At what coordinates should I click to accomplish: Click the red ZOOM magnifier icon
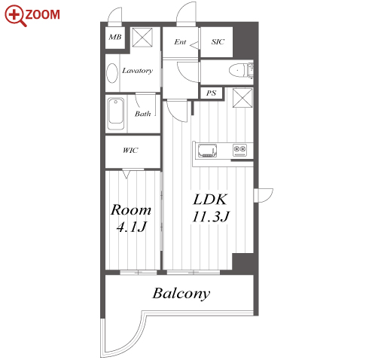[15, 16]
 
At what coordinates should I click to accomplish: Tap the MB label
[115, 37]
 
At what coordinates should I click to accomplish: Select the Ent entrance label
[180, 41]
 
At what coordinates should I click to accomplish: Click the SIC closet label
[218, 41]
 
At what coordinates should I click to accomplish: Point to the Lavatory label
[137, 71]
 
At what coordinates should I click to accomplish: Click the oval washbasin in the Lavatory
[112, 73]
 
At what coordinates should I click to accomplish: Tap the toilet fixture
[241, 69]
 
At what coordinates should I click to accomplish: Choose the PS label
[211, 93]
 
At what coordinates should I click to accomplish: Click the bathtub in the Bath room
[116, 114]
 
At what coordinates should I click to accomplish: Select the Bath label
[143, 114]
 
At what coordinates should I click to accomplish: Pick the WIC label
[130, 151]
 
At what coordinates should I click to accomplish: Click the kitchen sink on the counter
[208, 151]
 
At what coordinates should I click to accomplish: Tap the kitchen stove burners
[239, 150]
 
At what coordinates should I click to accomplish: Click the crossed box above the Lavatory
[142, 38]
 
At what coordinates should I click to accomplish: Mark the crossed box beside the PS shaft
[242, 98]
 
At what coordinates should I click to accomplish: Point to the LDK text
[210, 200]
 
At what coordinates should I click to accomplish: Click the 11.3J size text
[211, 216]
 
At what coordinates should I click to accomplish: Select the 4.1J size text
[132, 227]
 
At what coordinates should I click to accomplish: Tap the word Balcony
[181, 294]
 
